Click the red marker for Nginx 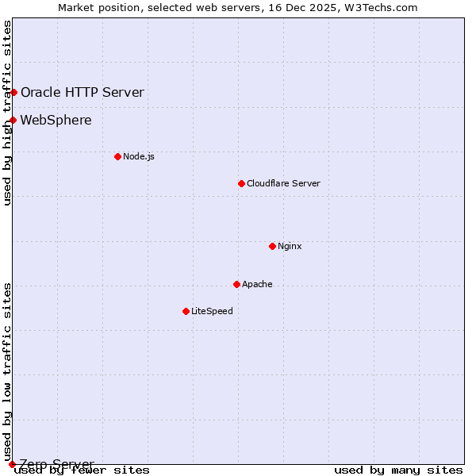pyautogui.click(x=272, y=246)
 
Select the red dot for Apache pyautogui.click(x=236, y=284)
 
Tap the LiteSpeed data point pyautogui.click(x=186, y=311)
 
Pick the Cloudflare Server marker pyautogui.click(x=241, y=183)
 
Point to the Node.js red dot pyautogui.click(x=117, y=156)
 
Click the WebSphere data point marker pyautogui.click(x=13, y=121)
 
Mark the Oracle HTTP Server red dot pyautogui.click(x=13, y=92)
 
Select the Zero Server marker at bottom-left pyautogui.click(x=12, y=463)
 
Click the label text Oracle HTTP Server pyautogui.click(x=83, y=92)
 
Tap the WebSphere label pyautogui.click(x=56, y=121)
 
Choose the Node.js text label pyautogui.click(x=139, y=156)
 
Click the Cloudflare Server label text pyautogui.click(x=283, y=183)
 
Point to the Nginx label pyautogui.click(x=290, y=246)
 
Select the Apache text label pyautogui.click(x=257, y=284)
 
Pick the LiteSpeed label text pyautogui.click(x=212, y=311)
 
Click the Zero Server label pyautogui.click(x=56, y=463)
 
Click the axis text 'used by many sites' pyautogui.click(x=398, y=470)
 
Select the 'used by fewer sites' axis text pyautogui.click(x=83, y=470)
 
